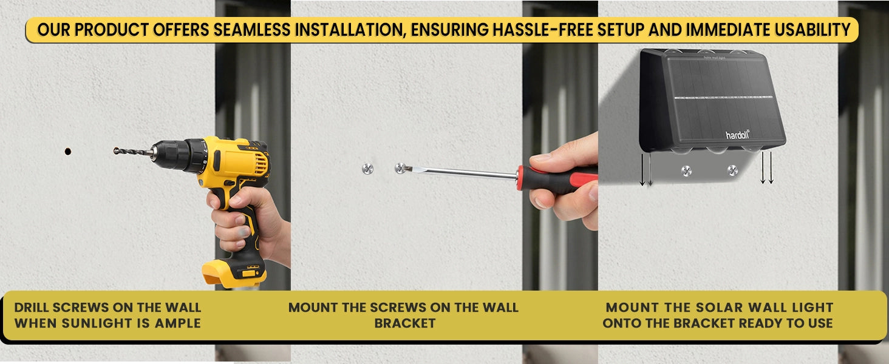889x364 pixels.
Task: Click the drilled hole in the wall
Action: (68, 151)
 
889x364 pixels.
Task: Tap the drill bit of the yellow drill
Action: (133, 152)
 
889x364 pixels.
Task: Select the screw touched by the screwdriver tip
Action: (401, 168)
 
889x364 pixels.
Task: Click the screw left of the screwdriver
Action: (367, 169)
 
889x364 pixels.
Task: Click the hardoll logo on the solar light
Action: (737, 135)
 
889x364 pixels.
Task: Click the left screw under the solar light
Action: (686, 171)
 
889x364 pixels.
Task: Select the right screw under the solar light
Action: (732, 170)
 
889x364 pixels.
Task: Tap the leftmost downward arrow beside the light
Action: (642, 170)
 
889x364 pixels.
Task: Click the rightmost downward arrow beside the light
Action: (771, 167)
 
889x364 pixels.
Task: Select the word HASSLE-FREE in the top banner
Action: (542, 30)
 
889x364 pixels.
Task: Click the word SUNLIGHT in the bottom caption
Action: (93, 323)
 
